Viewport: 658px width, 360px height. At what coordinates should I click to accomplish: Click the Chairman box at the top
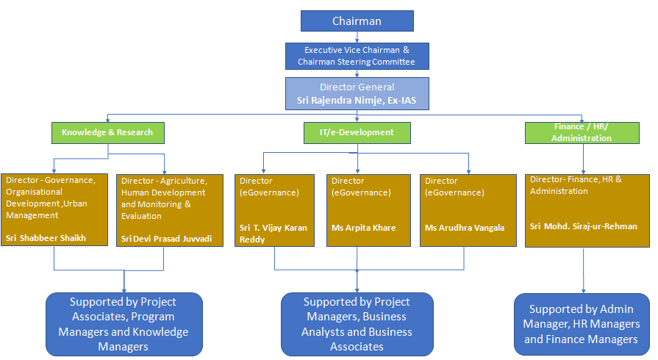point(357,21)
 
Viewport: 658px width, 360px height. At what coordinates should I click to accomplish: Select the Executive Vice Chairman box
point(357,56)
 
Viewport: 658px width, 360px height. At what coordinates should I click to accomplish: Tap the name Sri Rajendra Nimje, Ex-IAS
point(357,99)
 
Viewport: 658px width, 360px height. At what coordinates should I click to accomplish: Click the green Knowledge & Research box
point(107,132)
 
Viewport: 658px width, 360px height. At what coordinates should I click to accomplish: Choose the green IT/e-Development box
point(357,132)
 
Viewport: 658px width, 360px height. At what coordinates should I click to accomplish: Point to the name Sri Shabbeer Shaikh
point(46,238)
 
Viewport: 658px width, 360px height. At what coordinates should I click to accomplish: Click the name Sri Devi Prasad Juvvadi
point(166,239)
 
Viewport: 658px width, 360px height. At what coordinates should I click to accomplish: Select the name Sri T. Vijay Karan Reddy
point(273,234)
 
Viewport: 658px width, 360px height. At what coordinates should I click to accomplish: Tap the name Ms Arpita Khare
point(363,228)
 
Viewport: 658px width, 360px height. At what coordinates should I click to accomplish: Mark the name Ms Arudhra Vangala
point(465,228)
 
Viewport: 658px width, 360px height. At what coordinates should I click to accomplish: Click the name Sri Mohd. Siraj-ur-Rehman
point(584,226)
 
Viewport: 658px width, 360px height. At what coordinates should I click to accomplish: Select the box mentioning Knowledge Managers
point(124,324)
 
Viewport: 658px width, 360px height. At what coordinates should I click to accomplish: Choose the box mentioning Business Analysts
point(357,324)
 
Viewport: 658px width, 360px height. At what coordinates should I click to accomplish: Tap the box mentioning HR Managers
point(581,324)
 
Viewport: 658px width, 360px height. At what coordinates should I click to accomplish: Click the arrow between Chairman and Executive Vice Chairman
point(357,37)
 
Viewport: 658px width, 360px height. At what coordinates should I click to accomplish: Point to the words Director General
point(357,87)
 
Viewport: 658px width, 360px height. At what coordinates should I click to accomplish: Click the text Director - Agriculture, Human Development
point(164,187)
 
